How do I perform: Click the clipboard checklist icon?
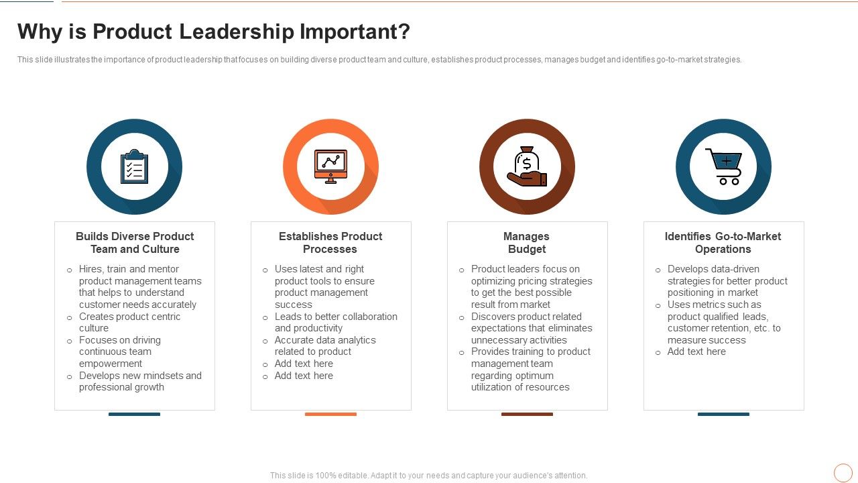(134, 167)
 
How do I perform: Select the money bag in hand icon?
(527, 167)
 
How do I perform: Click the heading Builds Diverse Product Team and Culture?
(135, 243)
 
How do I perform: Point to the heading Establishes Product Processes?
(330, 243)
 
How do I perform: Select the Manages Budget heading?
(526, 243)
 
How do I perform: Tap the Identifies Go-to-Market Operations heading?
(723, 243)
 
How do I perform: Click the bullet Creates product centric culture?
(129, 323)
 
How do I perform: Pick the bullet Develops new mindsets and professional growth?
(140, 382)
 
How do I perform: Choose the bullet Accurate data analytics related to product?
(325, 346)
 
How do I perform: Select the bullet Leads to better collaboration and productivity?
(336, 323)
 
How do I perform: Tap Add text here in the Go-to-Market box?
(696, 352)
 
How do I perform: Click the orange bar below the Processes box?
(330, 415)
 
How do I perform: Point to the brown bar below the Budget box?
(527, 415)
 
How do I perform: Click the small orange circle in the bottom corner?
(843, 473)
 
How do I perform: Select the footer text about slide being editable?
(429, 476)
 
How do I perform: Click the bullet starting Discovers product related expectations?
(532, 329)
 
